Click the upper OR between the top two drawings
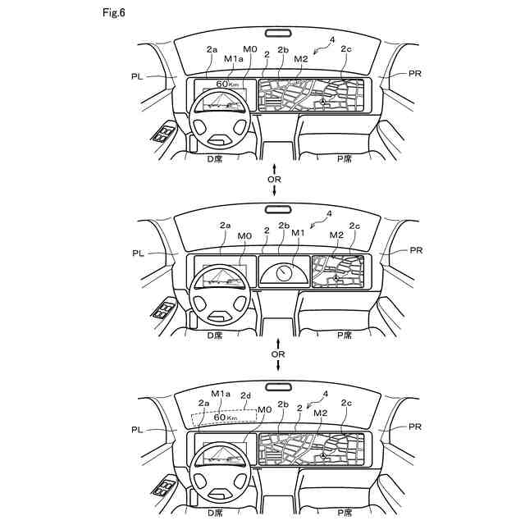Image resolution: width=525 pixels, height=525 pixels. [276, 178]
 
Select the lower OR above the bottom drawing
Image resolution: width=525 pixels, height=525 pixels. [278, 354]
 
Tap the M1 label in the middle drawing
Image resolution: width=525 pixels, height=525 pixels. [299, 232]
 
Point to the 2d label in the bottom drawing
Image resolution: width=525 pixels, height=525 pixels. [245, 395]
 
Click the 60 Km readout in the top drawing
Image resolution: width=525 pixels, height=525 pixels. [228, 84]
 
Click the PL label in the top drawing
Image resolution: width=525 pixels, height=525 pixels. [136, 75]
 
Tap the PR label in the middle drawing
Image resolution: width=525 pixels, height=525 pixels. [416, 249]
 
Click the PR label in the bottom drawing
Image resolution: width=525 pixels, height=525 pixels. [416, 427]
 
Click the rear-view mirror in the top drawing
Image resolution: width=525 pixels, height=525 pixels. [277, 33]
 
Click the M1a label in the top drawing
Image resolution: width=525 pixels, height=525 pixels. [234, 58]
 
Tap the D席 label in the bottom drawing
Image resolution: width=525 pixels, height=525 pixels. [214, 513]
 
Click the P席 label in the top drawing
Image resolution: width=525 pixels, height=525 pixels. [345, 158]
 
